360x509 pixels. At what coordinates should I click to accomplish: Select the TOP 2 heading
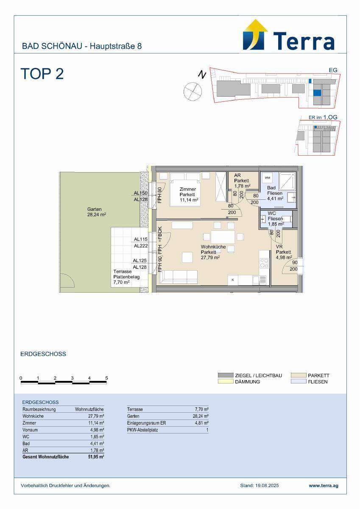coord(42,74)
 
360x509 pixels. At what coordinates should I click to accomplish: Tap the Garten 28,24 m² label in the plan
coord(96,212)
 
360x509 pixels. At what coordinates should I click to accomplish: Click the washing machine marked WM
coord(267,178)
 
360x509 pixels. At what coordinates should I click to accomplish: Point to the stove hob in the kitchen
coord(264,263)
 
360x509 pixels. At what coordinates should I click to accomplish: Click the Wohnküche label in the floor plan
coord(213,247)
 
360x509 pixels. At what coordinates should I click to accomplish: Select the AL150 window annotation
coord(140,193)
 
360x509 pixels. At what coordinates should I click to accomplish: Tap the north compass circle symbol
coord(193,91)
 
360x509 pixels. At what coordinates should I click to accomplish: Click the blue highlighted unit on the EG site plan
coord(317,93)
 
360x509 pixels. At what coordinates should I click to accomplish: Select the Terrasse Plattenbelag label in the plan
coord(126,274)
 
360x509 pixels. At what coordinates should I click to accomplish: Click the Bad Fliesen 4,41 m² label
coord(275,193)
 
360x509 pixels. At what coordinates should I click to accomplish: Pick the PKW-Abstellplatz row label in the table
coord(142,430)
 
